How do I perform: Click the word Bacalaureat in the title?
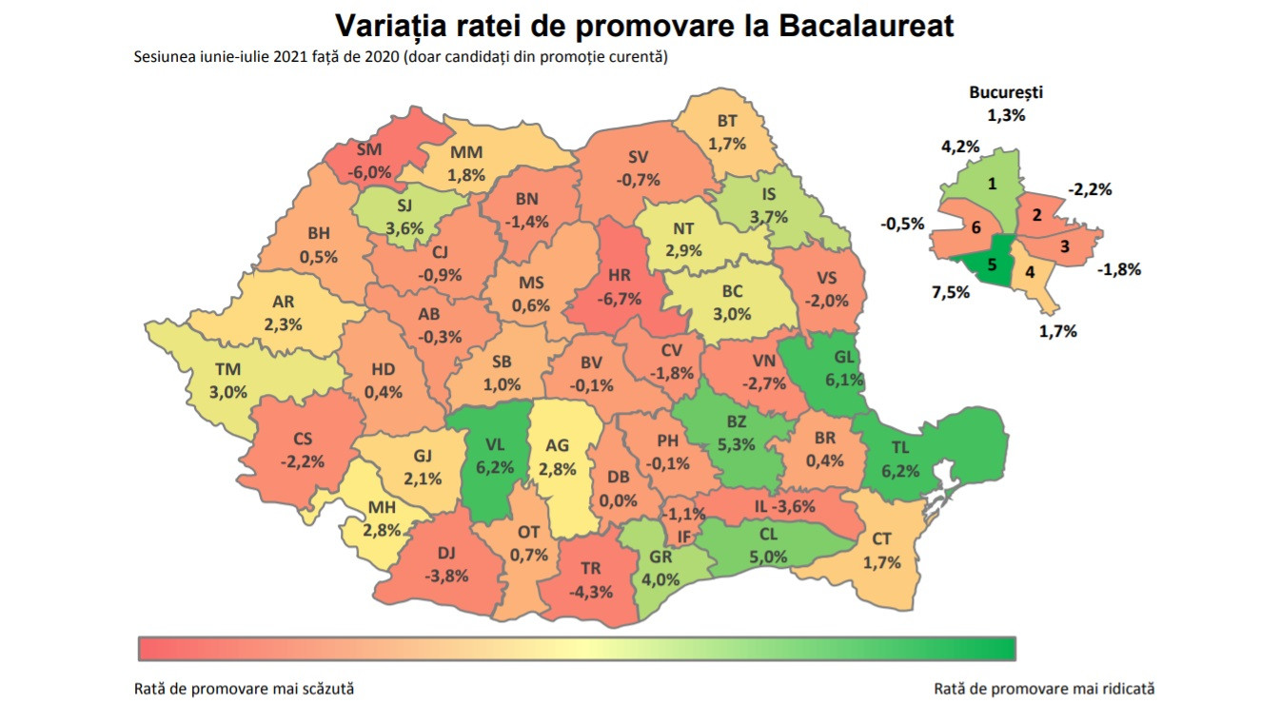(x=866, y=25)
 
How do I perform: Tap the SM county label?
(x=368, y=151)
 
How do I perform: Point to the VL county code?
(x=496, y=445)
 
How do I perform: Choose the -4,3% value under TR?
(x=591, y=590)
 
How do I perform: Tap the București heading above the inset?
(x=1006, y=93)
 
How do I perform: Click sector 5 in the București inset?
(x=991, y=265)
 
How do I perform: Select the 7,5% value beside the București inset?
(x=951, y=292)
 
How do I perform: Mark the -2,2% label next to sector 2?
(x=1089, y=189)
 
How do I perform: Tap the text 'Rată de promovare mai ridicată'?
(x=1044, y=688)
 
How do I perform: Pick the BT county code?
(x=727, y=122)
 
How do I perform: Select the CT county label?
(x=881, y=540)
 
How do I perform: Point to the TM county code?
(x=228, y=370)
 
